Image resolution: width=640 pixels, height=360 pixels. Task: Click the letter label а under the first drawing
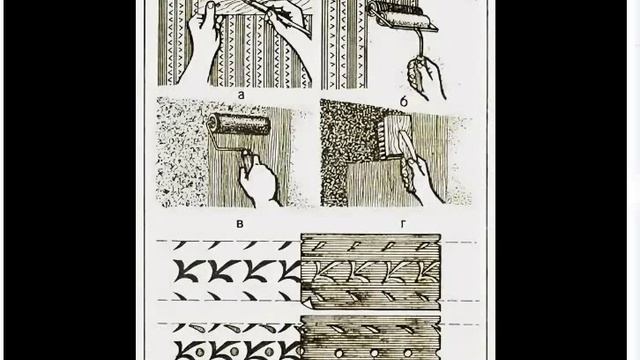pyautogui.click(x=241, y=95)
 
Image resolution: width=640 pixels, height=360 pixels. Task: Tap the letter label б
pyautogui.click(x=403, y=101)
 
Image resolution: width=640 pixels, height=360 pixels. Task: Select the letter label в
pyautogui.click(x=240, y=224)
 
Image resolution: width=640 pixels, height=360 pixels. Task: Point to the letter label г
pyautogui.click(x=403, y=224)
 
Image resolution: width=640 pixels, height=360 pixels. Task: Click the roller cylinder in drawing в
pyautogui.click(x=239, y=124)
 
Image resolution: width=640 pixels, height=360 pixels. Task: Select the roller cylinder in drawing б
pyautogui.click(x=396, y=14)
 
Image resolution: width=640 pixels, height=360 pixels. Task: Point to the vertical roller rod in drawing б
pyautogui.click(x=417, y=45)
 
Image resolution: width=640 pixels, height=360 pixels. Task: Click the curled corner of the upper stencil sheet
pyautogui.click(x=308, y=303)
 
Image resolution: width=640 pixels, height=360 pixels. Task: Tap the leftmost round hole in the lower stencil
pyautogui.click(x=339, y=352)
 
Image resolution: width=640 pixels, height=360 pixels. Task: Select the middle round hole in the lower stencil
pyautogui.click(x=374, y=352)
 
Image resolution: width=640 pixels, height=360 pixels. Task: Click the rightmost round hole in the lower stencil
pyautogui.click(x=408, y=352)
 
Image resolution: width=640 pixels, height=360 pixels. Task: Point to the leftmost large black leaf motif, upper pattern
pyautogui.click(x=187, y=271)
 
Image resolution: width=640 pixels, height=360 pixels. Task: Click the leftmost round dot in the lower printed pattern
pyautogui.click(x=200, y=352)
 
